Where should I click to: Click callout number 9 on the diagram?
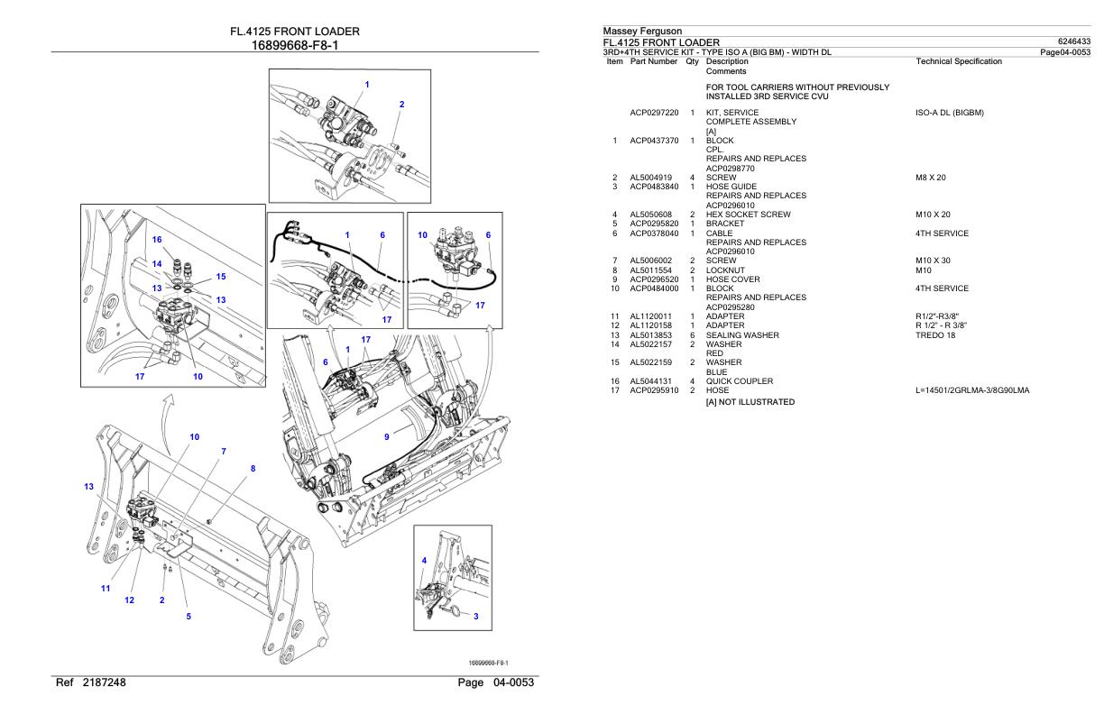pyautogui.click(x=387, y=436)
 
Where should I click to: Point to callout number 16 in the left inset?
pyautogui.click(x=156, y=240)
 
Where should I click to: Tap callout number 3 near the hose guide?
pyautogui.click(x=476, y=616)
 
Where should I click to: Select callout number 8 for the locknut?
pyautogui.click(x=253, y=469)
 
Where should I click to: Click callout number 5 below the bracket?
pyautogui.click(x=189, y=617)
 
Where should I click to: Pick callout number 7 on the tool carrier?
pyautogui.click(x=224, y=450)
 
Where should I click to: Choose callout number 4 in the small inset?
pyautogui.click(x=424, y=560)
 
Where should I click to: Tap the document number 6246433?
pyautogui.click(x=1074, y=41)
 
